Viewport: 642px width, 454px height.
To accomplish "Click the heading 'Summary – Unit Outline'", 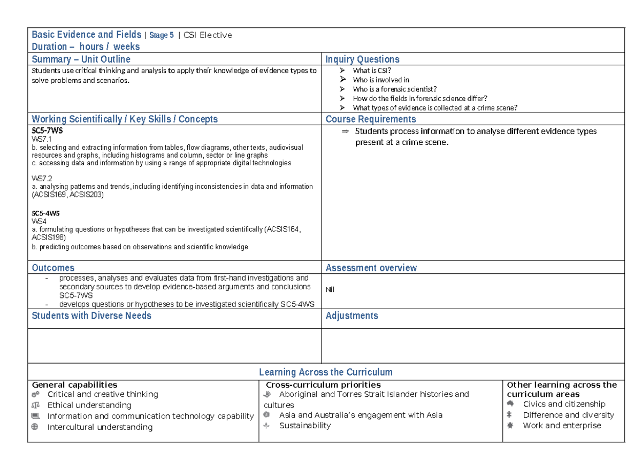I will pos(81,59).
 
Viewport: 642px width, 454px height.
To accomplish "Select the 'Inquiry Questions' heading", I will pos(362,59).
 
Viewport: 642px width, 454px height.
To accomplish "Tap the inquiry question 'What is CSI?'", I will pos(372,71).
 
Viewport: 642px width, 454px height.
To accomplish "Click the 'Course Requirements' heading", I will pos(371,119).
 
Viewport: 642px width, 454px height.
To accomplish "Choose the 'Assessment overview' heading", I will pos(371,268).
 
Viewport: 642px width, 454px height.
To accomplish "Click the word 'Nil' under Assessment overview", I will pos(330,290).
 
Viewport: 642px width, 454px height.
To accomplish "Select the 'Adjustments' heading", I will pos(352,316).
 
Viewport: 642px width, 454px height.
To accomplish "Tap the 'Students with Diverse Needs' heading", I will pos(91,316).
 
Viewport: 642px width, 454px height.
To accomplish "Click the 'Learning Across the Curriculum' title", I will pos(325,372).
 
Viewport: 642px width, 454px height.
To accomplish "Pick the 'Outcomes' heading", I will pos(53,268).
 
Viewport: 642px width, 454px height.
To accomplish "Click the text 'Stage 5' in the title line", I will pos(162,36).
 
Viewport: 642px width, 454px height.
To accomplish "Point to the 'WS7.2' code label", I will pos(42,178).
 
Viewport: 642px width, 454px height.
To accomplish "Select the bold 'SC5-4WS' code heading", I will pos(45,213).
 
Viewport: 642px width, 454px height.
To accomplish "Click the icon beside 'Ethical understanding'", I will pos(35,405).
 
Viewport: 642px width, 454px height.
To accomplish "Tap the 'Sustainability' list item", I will pos(305,426).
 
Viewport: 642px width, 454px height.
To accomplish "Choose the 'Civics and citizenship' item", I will pos(564,404).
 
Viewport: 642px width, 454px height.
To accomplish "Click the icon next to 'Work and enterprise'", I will pos(510,426).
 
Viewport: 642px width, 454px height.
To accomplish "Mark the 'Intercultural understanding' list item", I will pos(100,427).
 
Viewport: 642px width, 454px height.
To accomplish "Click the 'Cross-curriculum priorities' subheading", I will pos(323,385).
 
